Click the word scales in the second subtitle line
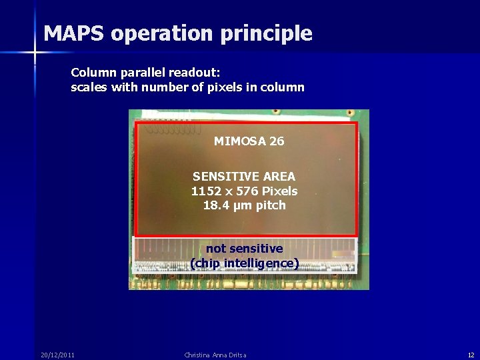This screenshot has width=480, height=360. click(x=89, y=87)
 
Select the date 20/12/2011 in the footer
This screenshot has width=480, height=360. click(x=57, y=355)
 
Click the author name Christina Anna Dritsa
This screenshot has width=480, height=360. click(x=215, y=355)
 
